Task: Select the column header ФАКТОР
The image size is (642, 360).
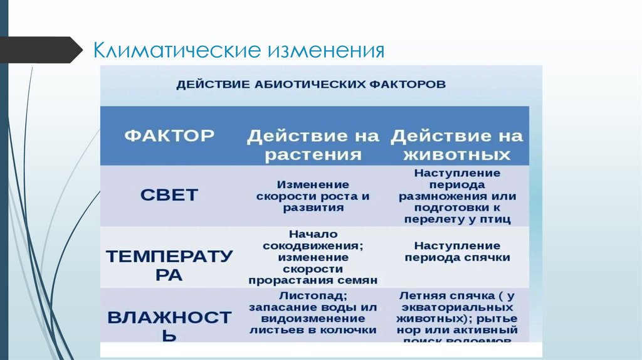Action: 170,135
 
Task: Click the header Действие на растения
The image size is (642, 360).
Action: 313,145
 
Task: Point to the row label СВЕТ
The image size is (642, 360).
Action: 169,194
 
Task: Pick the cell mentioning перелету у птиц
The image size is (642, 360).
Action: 457,196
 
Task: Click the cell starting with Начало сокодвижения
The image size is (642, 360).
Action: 313,257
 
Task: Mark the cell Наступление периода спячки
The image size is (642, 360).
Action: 457,251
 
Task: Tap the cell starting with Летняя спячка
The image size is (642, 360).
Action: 457,317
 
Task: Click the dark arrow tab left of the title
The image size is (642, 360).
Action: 41,50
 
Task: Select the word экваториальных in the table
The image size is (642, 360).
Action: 457,307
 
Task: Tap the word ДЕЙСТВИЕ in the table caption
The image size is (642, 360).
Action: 207,84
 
